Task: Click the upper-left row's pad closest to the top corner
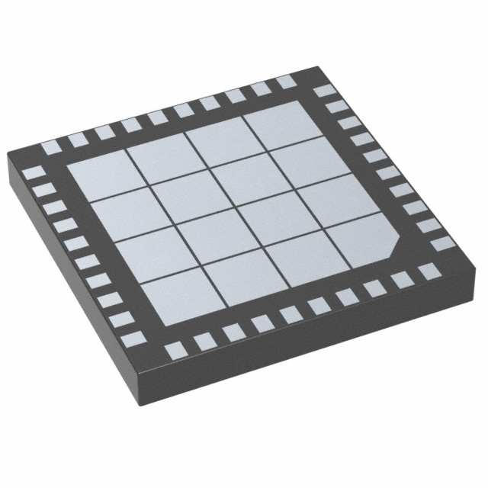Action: [x=285, y=82]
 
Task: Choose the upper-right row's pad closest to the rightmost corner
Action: [x=442, y=245]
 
